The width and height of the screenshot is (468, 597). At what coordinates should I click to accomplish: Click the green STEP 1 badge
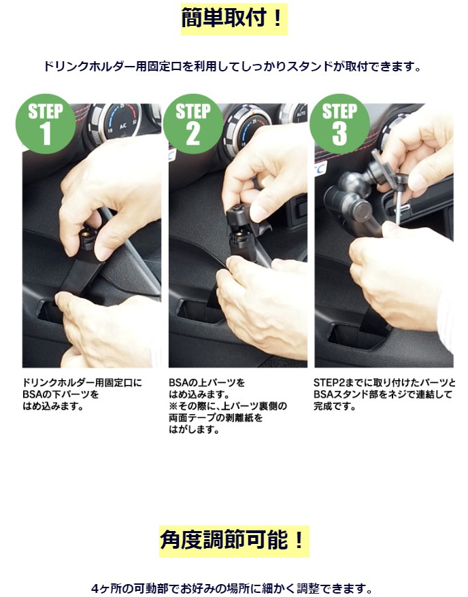46,124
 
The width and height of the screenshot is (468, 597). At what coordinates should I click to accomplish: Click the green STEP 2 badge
193,124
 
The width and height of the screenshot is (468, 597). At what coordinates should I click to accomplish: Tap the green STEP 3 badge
339,124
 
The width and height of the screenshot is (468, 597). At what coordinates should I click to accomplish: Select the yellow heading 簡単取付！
234,19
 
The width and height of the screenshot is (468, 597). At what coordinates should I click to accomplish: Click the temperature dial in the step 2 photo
248,126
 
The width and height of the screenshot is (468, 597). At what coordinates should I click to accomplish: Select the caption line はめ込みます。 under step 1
53,406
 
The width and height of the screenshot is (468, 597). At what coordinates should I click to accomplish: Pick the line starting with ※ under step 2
228,406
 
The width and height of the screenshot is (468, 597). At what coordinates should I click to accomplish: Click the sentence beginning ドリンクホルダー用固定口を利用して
233,67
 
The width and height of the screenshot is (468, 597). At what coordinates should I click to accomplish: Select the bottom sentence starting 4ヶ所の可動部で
232,588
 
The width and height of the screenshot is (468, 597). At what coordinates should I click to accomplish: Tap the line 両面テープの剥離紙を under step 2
216,418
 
